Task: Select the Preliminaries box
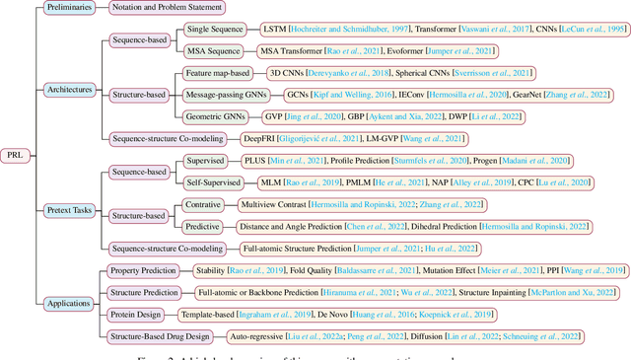75,9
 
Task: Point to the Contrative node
203,204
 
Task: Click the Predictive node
202,226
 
